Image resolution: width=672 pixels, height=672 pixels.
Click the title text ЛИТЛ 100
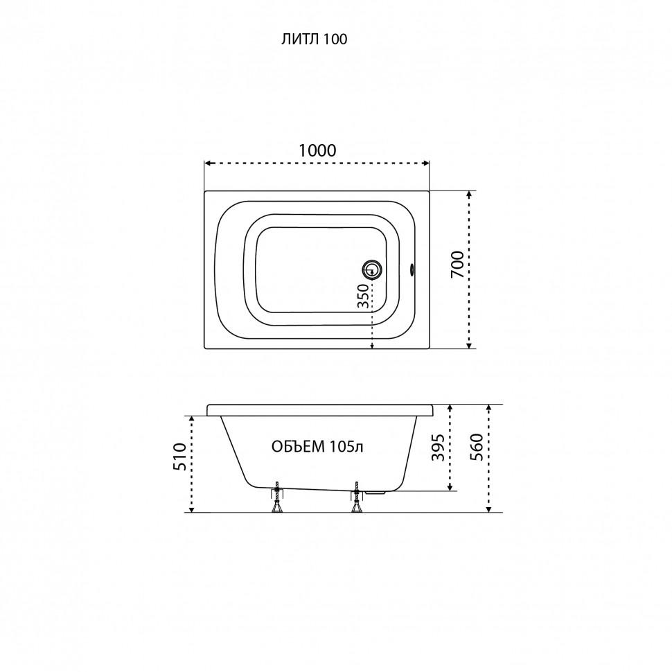click(x=314, y=39)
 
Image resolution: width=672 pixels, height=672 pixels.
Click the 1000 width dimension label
click(x=317, y=150)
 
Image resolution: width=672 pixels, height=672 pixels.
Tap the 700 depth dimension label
click(x=458, y=264)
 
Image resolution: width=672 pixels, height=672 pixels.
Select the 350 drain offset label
click(x=362, y=296)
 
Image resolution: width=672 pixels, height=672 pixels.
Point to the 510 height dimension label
click(x=179, y=457)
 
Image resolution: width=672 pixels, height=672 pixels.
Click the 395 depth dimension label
click(x=438, y=448)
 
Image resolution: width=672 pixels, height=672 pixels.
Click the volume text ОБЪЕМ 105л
click(x=317, y=447)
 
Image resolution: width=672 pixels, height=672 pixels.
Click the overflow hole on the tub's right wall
click(x=412, y=269)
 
